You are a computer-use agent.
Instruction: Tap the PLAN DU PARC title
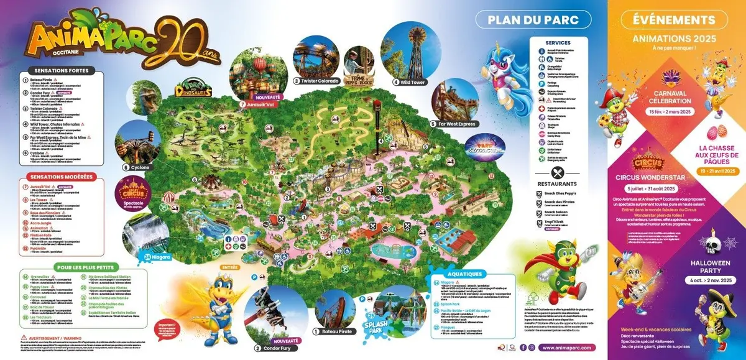pyautogui.click(x=533, y=19)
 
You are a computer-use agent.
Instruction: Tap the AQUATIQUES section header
pyautogui.click(x=464, y=274)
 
